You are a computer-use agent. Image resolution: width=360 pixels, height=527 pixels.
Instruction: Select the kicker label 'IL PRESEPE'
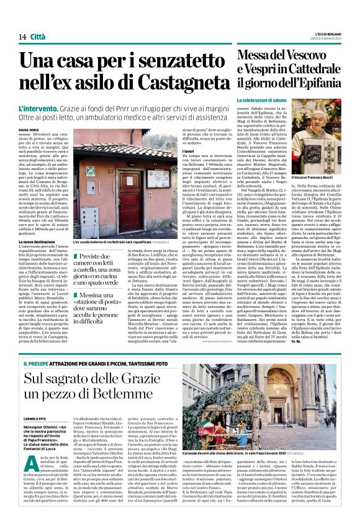click(x=38, y=362)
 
